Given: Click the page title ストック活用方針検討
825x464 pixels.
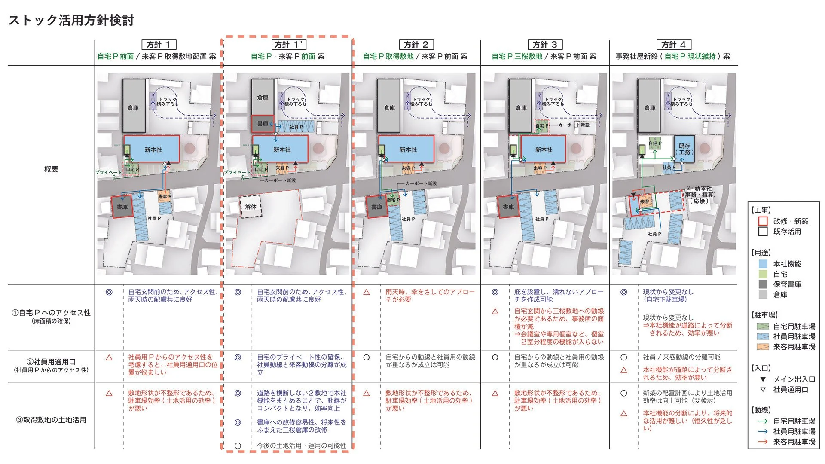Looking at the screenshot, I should coord(71,20).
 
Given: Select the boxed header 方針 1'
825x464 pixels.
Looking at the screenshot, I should coord(288,45).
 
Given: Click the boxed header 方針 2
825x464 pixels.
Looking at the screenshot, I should coord(416,45).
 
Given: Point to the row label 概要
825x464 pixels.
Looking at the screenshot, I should coord(51,169).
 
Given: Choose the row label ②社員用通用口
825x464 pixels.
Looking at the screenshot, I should coord(51,362).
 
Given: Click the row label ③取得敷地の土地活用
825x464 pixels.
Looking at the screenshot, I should coord(51,420).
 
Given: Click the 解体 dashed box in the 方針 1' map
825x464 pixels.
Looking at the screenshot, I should coord(251,207).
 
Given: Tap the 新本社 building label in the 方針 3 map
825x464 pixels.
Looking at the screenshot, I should coord(544,150).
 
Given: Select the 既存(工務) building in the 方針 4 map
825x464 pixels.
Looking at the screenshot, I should coord(684,149).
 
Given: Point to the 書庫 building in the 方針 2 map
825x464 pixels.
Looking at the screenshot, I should coord(376,207).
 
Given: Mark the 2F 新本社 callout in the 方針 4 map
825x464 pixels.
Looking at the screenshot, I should coord(699,195).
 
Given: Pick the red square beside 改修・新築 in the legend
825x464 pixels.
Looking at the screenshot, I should coord(763,221).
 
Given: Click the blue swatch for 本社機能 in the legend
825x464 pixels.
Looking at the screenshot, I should coord(763,264).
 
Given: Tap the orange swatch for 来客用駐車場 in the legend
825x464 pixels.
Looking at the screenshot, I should coord(763,347).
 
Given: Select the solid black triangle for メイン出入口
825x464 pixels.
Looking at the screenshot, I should coord(763,379).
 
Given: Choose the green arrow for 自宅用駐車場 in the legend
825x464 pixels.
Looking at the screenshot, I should coord(763,421).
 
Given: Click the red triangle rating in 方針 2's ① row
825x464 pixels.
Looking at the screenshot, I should coord(367,292).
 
